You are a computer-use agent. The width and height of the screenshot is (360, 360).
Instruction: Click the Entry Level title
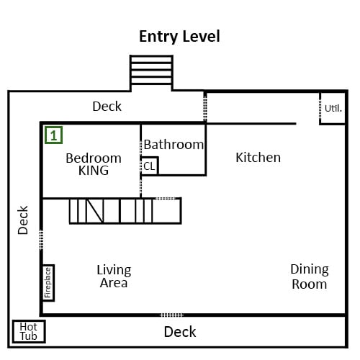point(179,37)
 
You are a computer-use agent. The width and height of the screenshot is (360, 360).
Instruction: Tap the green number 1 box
point(54,135)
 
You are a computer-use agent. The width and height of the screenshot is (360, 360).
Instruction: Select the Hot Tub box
point(29,331)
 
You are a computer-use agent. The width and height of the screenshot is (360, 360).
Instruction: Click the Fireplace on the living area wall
point(48,283)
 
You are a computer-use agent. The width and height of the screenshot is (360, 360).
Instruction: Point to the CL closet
point(149,166)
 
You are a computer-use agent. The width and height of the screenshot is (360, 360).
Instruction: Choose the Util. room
point(333,108)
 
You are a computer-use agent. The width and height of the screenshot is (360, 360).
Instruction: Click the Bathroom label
point(174,145)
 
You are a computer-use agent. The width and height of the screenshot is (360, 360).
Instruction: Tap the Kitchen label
point(258,158)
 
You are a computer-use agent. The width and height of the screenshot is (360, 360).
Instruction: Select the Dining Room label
point(310,276)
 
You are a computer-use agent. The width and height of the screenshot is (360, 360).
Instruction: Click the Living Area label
point(114,276)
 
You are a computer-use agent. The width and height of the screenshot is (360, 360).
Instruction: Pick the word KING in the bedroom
point(94,171)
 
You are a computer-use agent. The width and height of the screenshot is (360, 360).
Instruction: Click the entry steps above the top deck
point(151,70)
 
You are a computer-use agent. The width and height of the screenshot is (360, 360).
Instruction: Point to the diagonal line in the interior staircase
point(95,211)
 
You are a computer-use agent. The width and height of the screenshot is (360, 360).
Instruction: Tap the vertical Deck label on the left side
point(23,220)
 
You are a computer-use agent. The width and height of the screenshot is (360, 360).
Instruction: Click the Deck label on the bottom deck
point(180,332)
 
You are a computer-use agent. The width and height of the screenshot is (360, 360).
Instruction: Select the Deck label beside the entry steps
point(107,107)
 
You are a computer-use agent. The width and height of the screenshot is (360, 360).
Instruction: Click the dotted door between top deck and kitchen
point(205,107)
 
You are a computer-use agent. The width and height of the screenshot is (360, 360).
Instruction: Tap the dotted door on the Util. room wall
point(320,108)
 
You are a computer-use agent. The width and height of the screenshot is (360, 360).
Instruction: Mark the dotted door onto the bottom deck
point(172,315)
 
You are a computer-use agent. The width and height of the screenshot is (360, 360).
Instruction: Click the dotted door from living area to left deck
point(41,240)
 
